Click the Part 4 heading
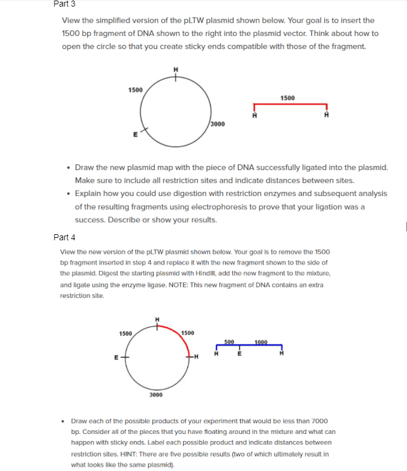(x=65, y=237)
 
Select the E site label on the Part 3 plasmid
(x=136, y=135)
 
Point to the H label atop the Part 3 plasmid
(x=175, y=69)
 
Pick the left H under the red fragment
(x=254, y=116)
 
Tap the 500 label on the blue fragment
(x=229, y=342)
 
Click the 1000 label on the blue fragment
(x=261, y=342)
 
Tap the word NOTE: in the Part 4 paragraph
(x=220, y=285)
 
